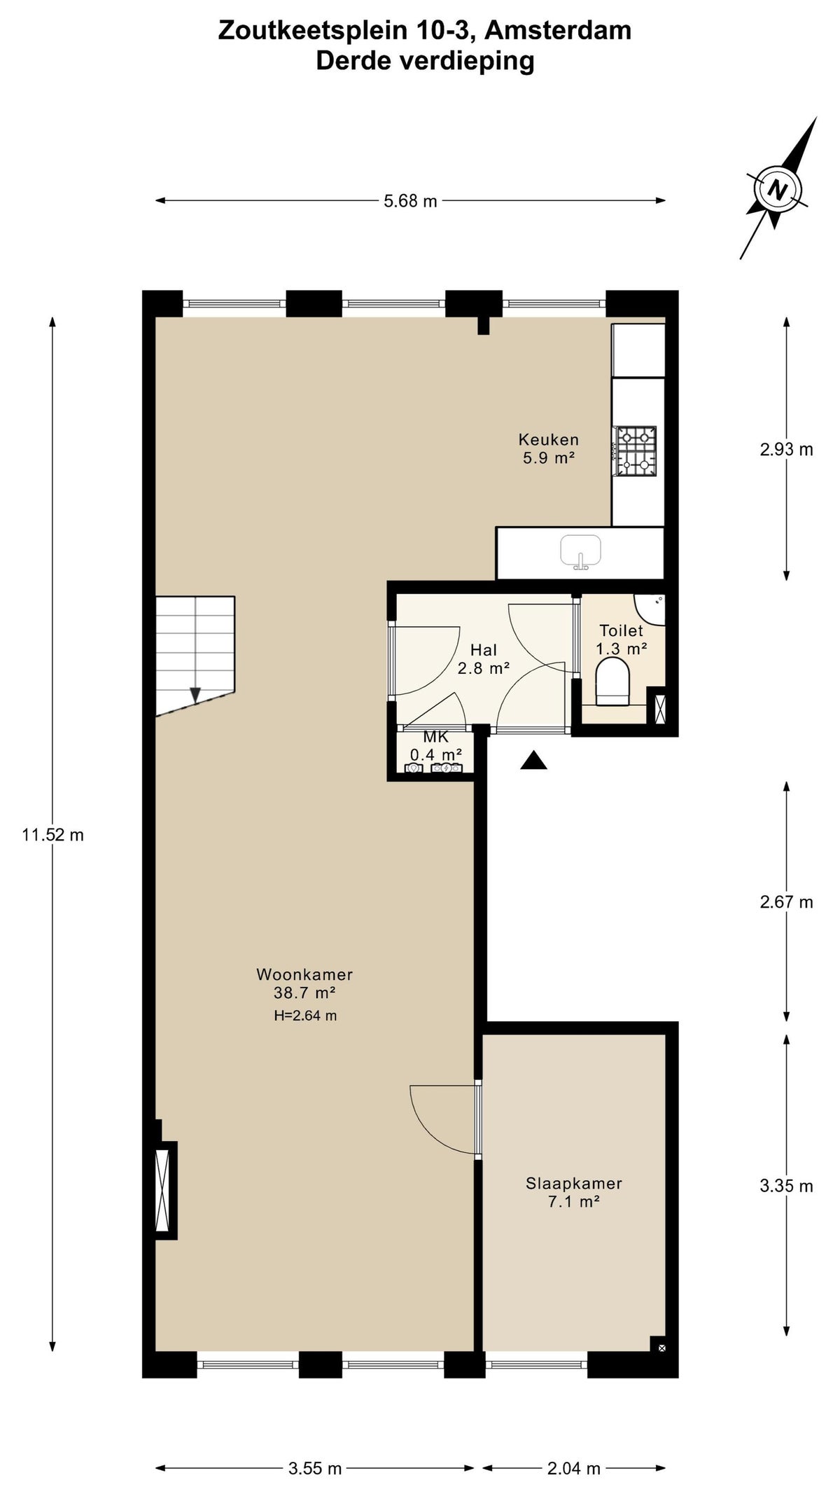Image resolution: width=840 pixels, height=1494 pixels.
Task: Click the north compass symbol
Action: (777, 189)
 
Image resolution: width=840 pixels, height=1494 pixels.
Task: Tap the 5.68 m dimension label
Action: (410, 201)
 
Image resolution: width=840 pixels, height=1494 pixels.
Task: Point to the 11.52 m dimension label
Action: (52, 835)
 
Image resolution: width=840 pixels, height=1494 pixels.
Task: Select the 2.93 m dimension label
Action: (787, 450)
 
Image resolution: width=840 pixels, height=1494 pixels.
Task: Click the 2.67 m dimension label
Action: (787, 902)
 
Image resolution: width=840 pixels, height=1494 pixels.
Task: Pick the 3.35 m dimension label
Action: (787, 1186)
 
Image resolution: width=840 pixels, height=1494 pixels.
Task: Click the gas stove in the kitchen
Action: (636, 452)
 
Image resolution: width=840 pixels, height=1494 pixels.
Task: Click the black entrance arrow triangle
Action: (533, 760)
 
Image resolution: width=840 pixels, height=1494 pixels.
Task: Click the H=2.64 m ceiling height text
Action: (305, 1016)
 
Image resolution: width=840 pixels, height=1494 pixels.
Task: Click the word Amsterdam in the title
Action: (557, 30)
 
